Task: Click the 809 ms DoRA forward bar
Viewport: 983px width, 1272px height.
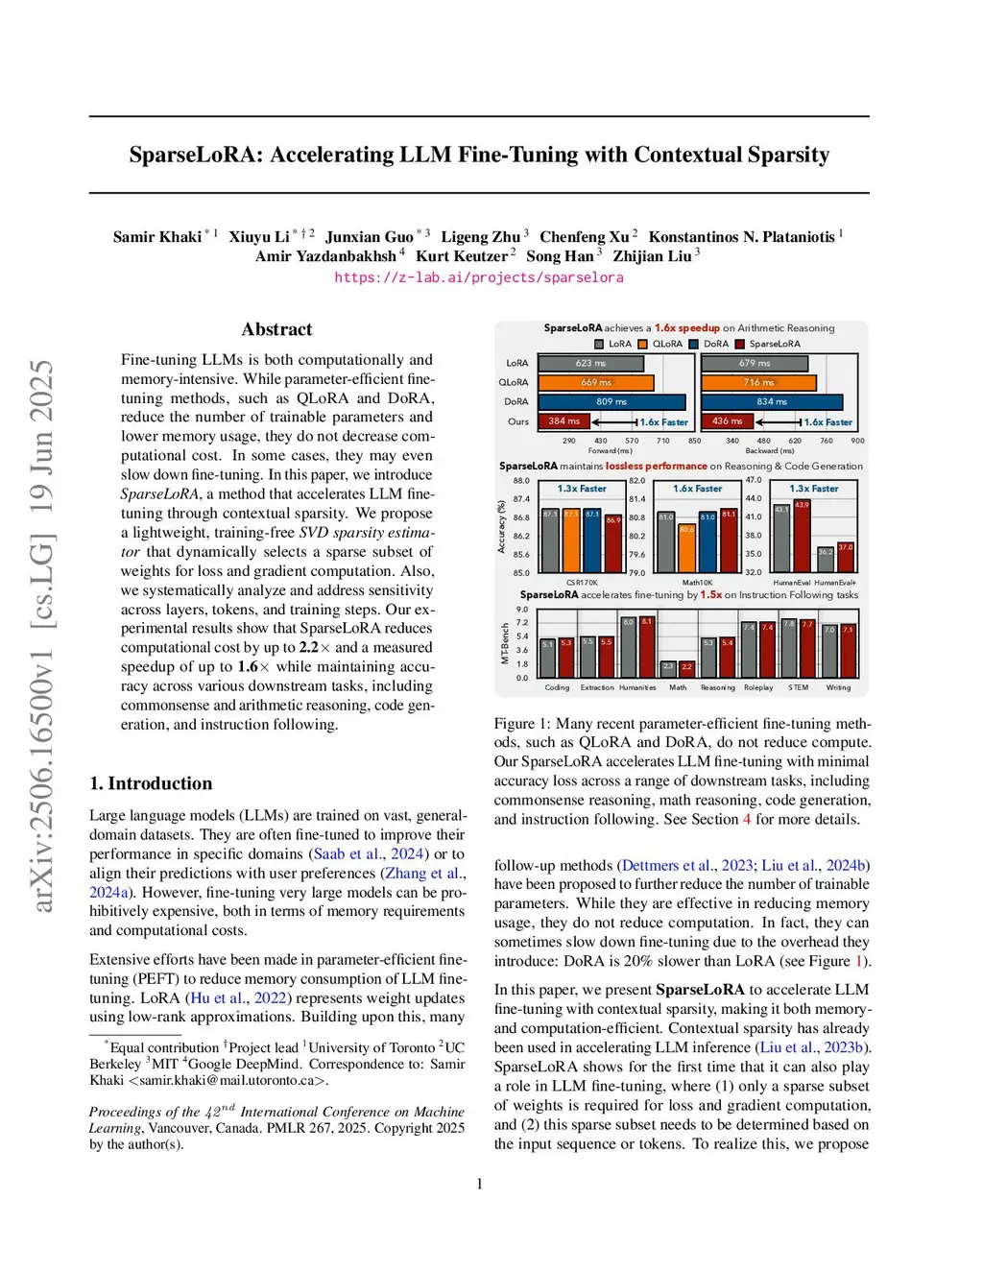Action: pos(611,401)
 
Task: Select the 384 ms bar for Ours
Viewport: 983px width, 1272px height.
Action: pos(563,420)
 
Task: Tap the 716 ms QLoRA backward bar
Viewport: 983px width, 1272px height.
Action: pos(758,382)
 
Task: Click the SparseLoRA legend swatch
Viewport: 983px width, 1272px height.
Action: pos(740,344)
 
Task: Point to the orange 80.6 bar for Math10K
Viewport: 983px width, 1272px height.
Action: pos(686,548)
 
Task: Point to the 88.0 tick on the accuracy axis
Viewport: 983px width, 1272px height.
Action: pos(521,480)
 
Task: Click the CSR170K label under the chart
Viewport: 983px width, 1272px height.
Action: pos(582,583)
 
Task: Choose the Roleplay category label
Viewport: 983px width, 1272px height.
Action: pos(758,687)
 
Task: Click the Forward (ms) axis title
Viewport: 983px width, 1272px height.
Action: pos(610,450)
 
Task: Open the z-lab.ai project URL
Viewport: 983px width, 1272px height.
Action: pos(478,277)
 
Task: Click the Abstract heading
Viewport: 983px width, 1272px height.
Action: pos(276,329)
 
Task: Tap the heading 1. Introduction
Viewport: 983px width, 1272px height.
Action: pos(151,783)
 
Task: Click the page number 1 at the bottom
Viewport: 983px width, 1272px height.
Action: pos(480,1184)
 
